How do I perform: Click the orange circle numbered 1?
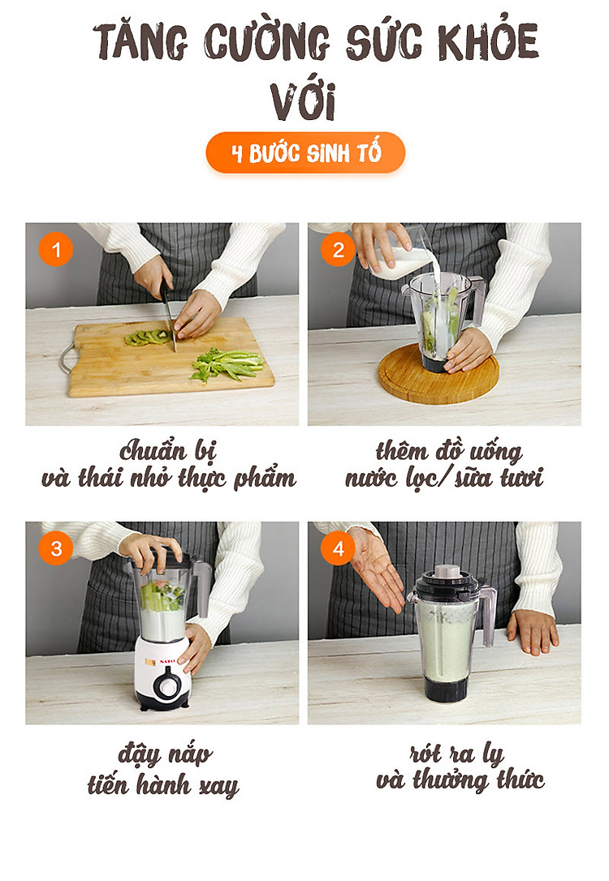[56, 250]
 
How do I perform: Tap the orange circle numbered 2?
[338, 250]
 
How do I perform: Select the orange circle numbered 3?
[56, 548]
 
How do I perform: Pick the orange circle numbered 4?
[338, 548]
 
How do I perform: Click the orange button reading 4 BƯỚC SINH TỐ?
[305, 153]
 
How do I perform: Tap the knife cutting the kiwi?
[168, 316]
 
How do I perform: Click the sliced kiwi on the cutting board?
[147, 337]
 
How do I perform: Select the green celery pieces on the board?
[227, 364]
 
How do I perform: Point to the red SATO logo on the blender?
[167, 661]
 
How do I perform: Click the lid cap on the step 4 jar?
[447, 572]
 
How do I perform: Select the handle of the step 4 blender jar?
[487, 615]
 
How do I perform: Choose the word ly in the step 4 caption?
[493, 754]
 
